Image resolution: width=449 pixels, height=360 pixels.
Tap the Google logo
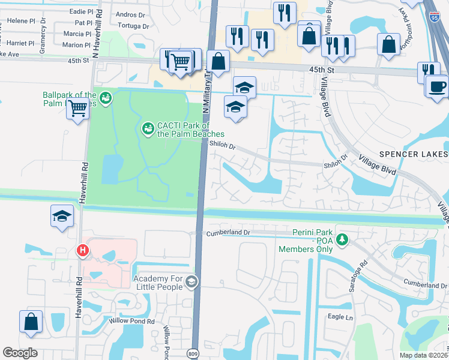[x=20, y=353]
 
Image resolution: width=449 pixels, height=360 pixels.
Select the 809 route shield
[x=193, y=353]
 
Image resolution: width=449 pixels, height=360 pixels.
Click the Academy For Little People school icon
[x=191, y=281]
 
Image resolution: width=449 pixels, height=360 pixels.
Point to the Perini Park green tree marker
[x=342, y=240]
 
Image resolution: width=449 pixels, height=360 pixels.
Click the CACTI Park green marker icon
[x=147, y=128]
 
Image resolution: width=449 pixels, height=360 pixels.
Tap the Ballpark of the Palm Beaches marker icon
[x=106, y=98]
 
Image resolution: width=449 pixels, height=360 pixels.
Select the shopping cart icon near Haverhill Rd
[x=78, y=109]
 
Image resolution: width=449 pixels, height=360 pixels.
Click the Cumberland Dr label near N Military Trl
[x=228, y=232]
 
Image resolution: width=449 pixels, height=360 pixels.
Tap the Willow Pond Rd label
[x=132, y=321]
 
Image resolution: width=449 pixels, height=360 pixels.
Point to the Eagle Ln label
[x=340, y=316]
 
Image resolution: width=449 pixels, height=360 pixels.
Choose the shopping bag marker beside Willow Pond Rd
[x=31, y=322]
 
